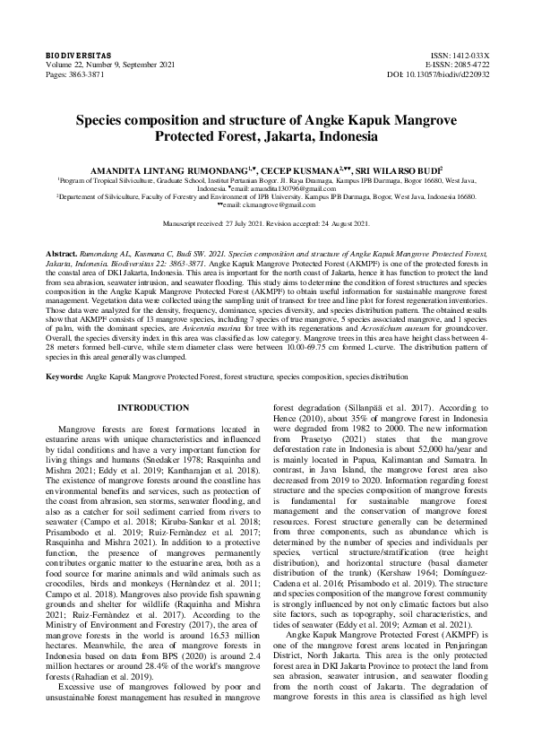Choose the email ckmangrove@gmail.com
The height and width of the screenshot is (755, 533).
point(270,205)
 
